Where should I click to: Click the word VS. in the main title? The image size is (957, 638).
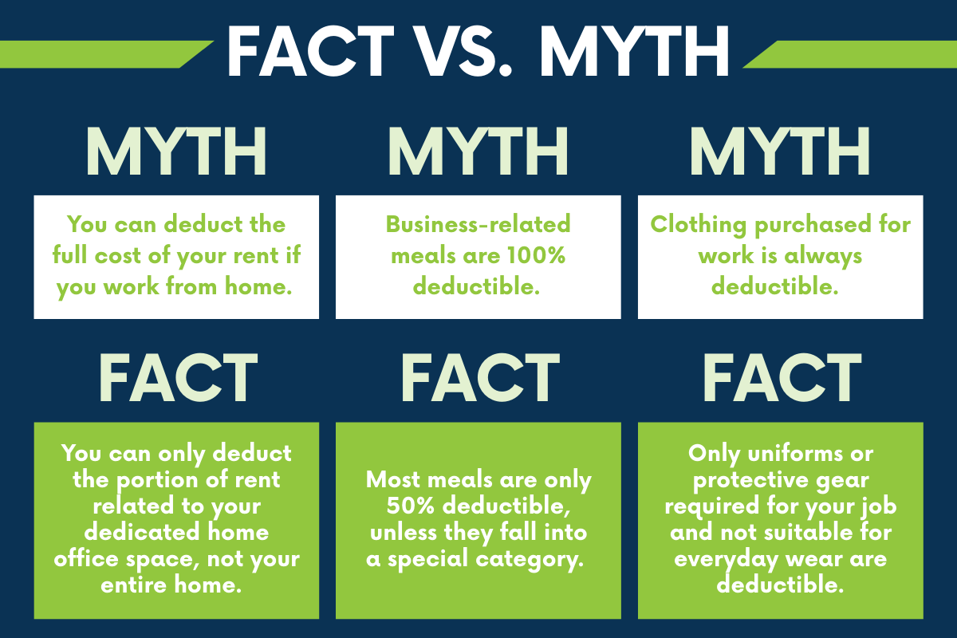464,51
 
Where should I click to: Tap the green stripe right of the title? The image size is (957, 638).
850,54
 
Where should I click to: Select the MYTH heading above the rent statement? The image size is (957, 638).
176,152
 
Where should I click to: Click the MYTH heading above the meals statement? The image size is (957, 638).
478,152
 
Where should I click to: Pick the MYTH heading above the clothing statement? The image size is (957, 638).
780,152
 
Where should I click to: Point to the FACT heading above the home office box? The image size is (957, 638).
179,377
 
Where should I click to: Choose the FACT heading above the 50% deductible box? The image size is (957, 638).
480,377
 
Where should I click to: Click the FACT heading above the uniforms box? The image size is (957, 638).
782,377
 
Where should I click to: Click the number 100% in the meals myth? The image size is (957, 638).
537,255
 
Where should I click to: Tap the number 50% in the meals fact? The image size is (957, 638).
410,506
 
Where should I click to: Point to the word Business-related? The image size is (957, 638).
478,224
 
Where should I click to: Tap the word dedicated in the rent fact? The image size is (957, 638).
142,532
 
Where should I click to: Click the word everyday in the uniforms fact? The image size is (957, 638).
726,560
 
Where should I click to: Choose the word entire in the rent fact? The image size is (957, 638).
133,585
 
